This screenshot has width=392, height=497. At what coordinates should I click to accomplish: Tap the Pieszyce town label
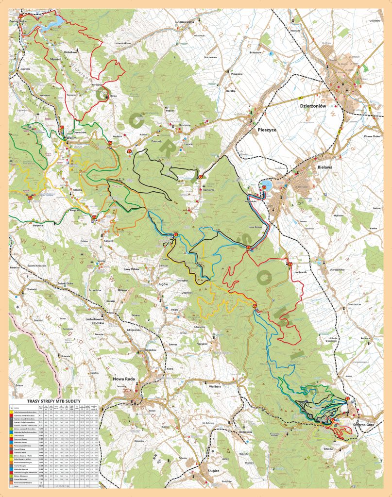coord(266,131)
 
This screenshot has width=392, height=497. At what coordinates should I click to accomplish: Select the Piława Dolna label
coord(369,136)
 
